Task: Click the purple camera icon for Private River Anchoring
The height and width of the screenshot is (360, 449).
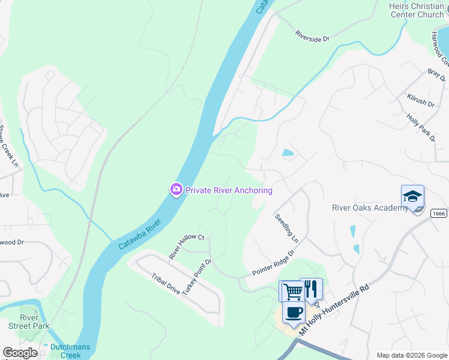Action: [176, 190]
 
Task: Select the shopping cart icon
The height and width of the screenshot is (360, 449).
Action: [292, 291]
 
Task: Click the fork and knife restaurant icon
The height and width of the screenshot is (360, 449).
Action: [310, 289]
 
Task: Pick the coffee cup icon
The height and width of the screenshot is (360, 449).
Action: [294, 313]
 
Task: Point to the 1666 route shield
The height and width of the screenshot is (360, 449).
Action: [439, 213]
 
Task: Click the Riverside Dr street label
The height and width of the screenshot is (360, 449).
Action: [312, 36]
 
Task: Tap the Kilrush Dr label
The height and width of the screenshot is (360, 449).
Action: [420, 100]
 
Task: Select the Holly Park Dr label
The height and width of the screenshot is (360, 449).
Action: [421, 128]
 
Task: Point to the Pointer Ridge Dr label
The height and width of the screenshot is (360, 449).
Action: [273, 263]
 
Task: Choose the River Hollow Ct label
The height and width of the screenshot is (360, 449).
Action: [187, 247]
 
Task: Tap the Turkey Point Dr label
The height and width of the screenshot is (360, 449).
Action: [197, 276]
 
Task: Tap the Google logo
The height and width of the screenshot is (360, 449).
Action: [20, 353]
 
